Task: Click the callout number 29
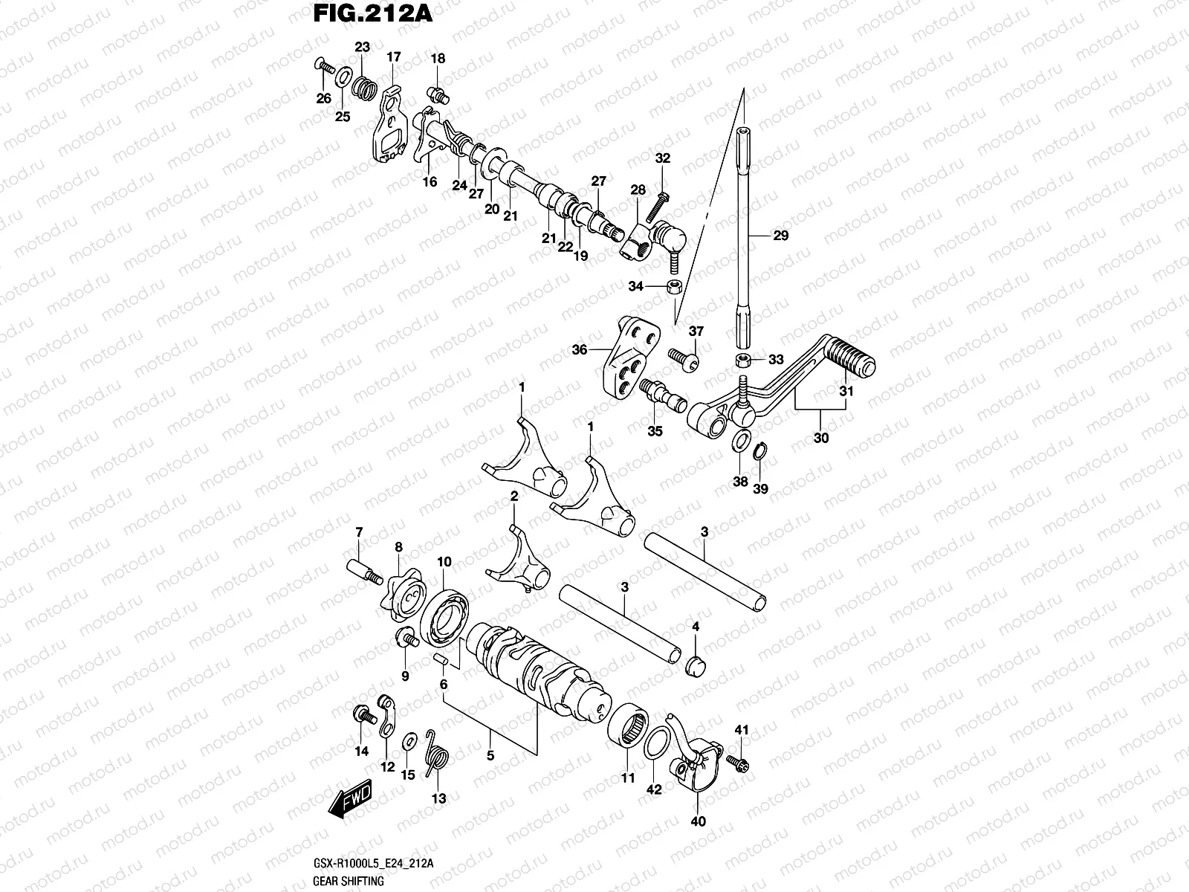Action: [x=780, y=236]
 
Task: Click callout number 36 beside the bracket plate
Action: [x=580, y=349]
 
